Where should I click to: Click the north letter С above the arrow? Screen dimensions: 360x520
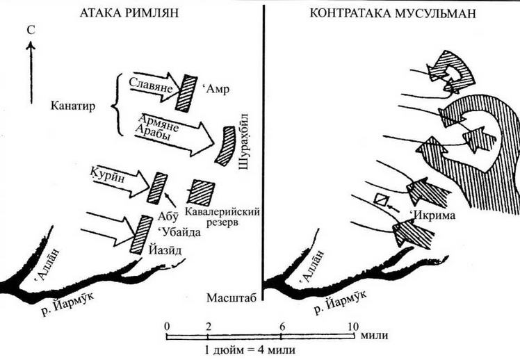(29, 31)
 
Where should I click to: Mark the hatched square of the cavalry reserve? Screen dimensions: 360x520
(202, 192)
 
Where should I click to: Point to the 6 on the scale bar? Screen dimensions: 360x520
(282, 325)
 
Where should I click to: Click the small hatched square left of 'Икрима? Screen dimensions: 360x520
(380, 199)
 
